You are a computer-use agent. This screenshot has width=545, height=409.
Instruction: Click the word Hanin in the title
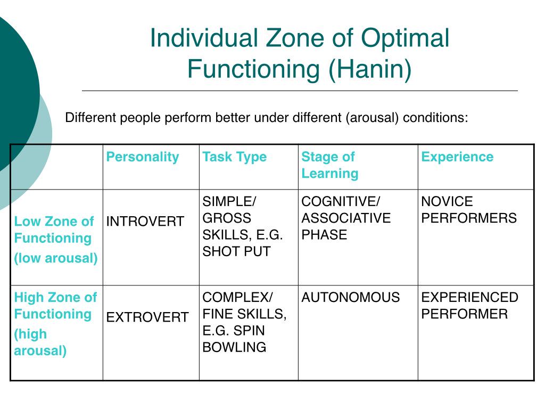[370, 70]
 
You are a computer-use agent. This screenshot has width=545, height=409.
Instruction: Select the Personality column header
[143, 157]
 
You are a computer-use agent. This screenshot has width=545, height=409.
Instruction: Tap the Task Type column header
[234, 157]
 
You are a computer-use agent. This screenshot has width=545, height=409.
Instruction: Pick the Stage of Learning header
[329, 165]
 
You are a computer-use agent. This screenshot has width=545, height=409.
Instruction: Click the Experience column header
[457, 157]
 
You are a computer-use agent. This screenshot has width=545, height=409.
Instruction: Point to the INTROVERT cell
[145, 222]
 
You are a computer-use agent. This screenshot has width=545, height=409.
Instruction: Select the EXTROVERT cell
[147, 318]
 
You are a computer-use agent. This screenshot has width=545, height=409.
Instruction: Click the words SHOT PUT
[236, 251]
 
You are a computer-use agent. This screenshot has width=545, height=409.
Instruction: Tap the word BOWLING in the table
[234, 348]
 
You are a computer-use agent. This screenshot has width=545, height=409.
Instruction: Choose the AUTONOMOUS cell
[351, 298]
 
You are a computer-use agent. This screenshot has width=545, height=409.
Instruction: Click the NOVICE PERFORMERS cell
[469, 210]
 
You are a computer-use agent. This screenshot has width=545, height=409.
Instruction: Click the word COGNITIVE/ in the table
[341, 202]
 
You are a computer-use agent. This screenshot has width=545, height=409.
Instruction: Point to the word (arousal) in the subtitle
[373, 118]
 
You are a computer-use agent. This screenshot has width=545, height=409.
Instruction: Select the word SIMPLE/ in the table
[229, 202]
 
